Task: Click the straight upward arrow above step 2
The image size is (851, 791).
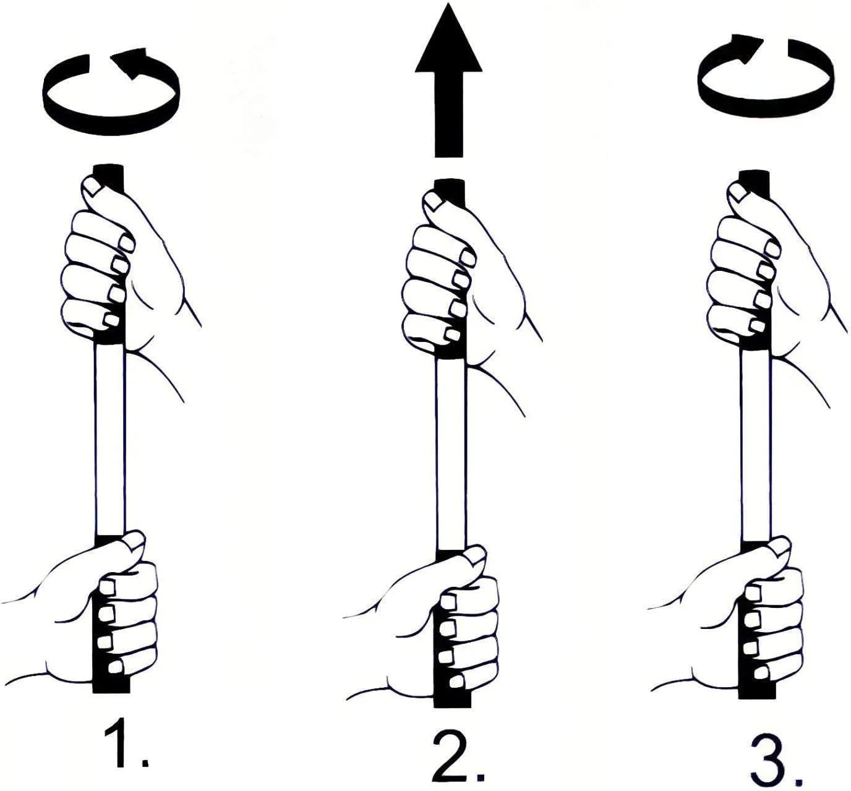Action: (x=448, y=80)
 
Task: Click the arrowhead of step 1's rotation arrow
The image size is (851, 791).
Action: (x=129, y=64)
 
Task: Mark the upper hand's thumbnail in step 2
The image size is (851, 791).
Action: (x=434, y=202)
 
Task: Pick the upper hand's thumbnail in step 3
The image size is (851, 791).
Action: (x=739, y=193)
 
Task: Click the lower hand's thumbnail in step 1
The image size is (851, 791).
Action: (x=135, y=542)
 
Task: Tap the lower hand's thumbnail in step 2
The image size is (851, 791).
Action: (x=476, y=556)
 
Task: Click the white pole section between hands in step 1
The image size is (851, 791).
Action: (x=109, y=439)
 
